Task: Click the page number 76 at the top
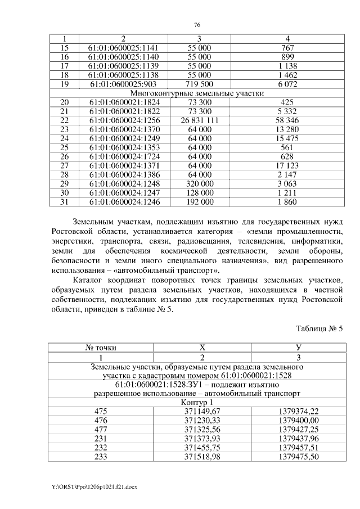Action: click(197, 25)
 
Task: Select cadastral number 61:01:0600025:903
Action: click(118, 84)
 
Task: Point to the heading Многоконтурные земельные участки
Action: click(197, 93)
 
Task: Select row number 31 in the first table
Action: click(64, 202)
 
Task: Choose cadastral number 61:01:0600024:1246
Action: click(118, 202)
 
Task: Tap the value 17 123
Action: click(287, 165)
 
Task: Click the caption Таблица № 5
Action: click(319, 328)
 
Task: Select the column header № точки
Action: click(101, 348)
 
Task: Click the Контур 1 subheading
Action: click(197, 403)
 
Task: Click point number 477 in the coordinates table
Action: click(101, 430)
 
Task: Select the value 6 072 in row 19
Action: click(287, 84)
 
